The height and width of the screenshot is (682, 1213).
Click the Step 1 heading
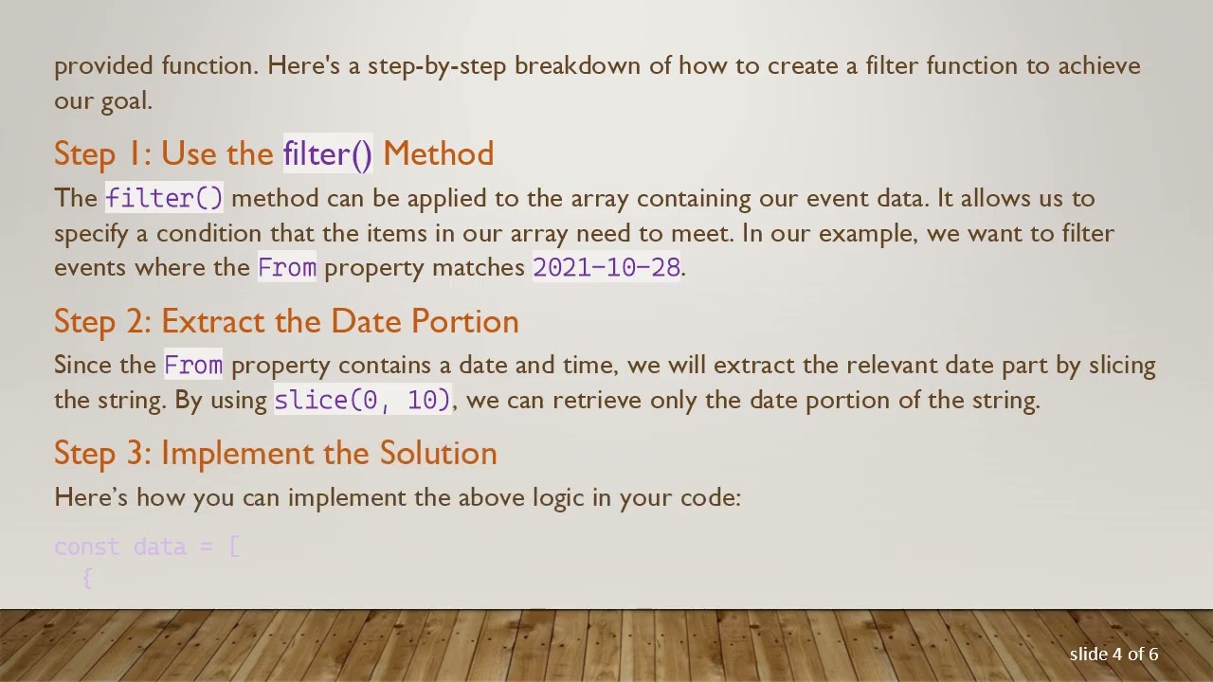pos(273,153)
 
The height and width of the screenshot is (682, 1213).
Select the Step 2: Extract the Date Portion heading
pos(286,321)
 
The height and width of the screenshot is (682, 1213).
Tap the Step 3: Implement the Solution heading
pos(275,453)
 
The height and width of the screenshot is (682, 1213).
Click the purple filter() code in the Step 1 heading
pos(328,153)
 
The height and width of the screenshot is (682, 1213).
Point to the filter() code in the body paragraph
pos(164,198)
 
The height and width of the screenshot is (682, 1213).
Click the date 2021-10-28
pos(606,267)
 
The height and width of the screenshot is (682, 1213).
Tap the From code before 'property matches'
pos(286,267)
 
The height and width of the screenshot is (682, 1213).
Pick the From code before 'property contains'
pos(193,365)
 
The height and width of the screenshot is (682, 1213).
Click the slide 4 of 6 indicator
pos(1113,654)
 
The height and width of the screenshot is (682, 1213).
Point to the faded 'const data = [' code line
pos(147,547)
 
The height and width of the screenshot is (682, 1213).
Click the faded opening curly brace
pos(87,578)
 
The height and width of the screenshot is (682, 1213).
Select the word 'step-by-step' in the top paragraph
pos(437,65)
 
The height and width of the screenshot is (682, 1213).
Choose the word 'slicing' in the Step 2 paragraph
pos(1122,365)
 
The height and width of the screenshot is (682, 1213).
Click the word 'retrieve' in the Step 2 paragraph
pos(597,400)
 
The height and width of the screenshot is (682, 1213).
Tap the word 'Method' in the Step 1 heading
pos(438,153)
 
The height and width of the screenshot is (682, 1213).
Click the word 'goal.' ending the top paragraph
pos(126,100)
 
